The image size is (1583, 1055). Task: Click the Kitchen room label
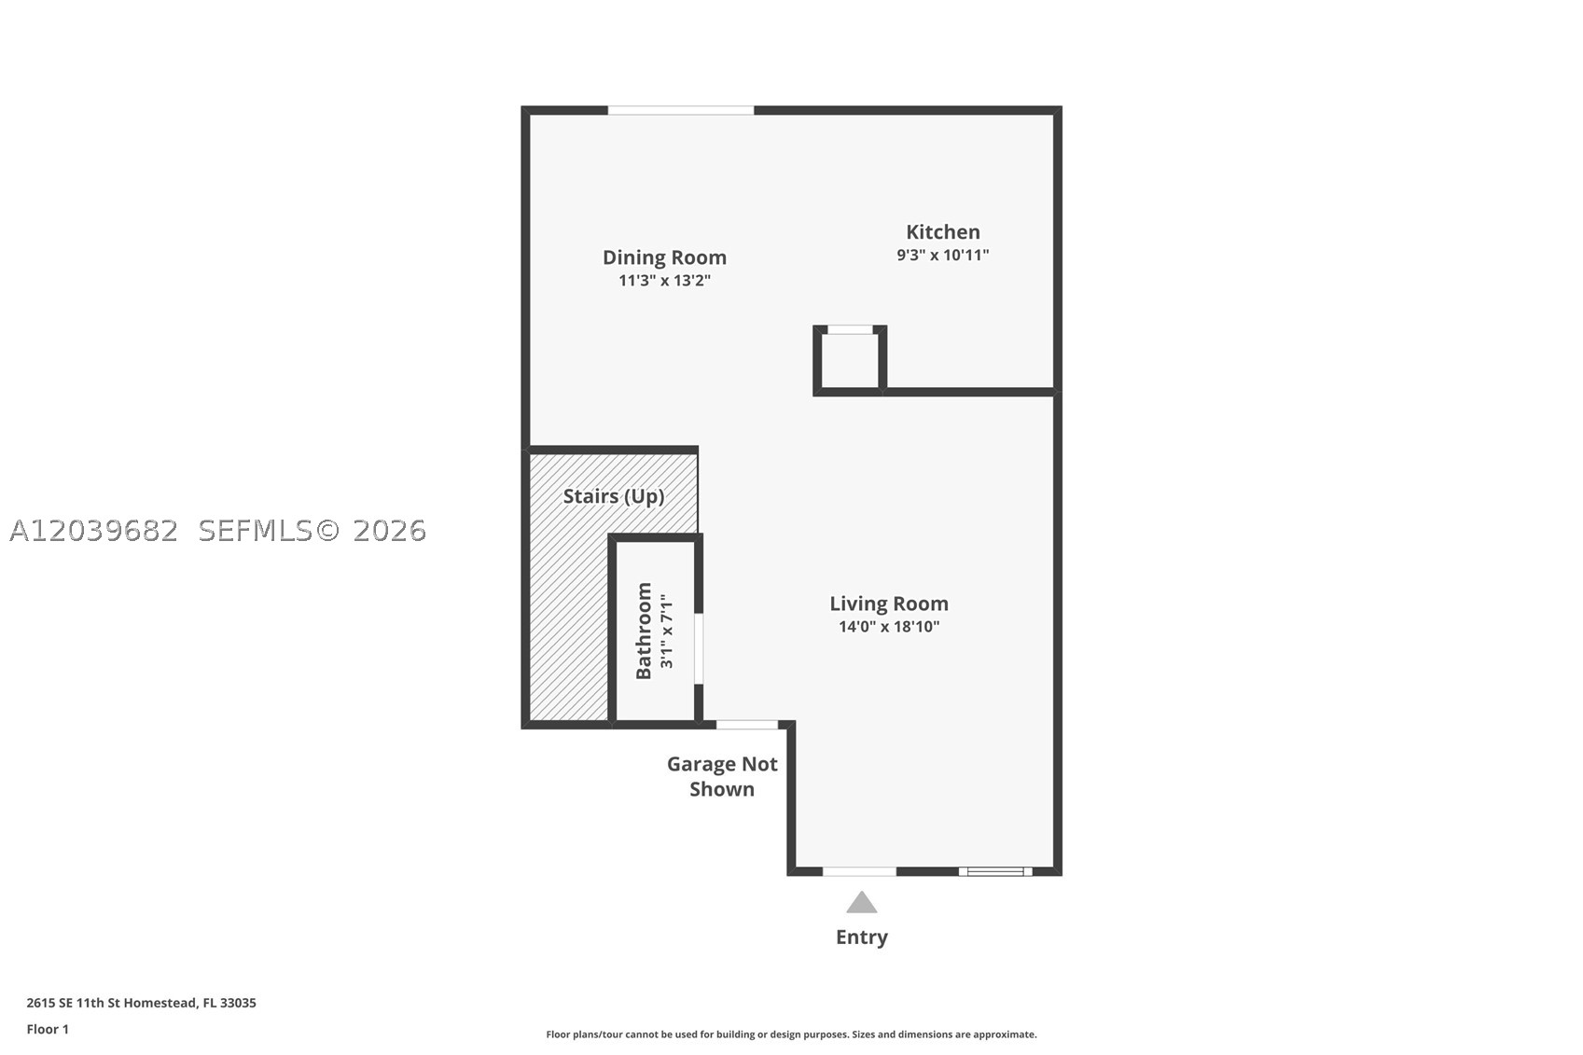(943, 231)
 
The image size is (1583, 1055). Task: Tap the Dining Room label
(664, 257)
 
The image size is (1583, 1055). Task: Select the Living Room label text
(889, 604)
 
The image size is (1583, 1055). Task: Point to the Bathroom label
(644, 631)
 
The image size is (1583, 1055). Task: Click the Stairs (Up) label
(614, 496)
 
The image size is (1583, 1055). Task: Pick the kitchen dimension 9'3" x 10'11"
(943, 255)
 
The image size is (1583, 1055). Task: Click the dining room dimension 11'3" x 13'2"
(664, 281)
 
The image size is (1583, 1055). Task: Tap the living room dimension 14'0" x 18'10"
(889, 627)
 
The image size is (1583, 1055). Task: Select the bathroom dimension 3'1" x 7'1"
(666, 631)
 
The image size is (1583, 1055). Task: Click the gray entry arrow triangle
(862, 903)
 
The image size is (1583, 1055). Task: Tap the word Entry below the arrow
(862, 937)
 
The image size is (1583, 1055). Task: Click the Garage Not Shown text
(722, 777)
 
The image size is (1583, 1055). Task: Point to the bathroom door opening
(698, 648)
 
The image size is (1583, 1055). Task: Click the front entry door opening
(859, 871)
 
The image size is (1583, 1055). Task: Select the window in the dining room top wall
(681, 110)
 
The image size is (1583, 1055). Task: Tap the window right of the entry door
(995, 871)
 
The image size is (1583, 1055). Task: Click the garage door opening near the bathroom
(747, 725)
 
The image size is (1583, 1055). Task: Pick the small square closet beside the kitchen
(850, 360)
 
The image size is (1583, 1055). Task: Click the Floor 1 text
(49, 1029)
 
